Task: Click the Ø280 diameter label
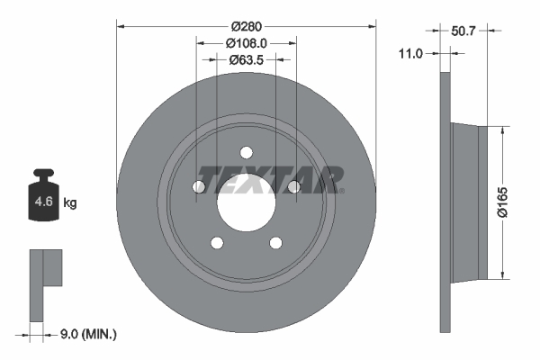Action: click(247, 26)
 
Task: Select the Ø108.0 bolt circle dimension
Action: click(247, 43)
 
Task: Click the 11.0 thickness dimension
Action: click(410, 54)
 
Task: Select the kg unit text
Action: click(69, 203)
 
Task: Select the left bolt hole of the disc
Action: click(200, 185)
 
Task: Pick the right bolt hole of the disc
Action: click(292, 185)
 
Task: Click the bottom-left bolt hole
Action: click(217, 241)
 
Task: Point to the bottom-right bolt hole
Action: click(275, 241)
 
